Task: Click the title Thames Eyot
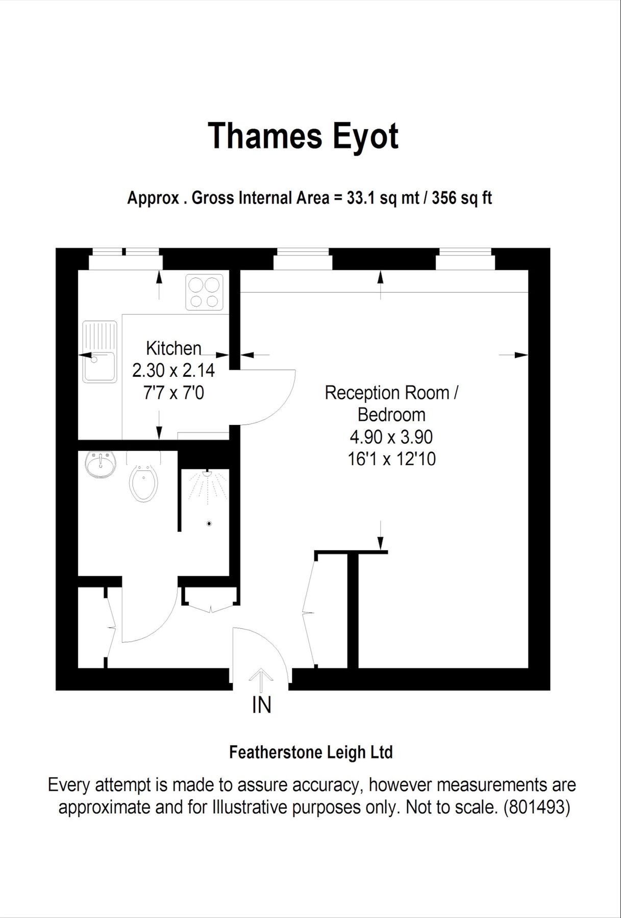click(x=303, y=136)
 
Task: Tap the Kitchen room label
click(x=173, y=348)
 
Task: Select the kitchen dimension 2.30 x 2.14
click(x=173, y=370)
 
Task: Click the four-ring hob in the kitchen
click(x=204, y=292)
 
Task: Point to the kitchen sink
click(x=100, y=352)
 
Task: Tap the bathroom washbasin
click(x=100, y=464)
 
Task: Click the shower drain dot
click(x=209, y=524)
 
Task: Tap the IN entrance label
click(x=261, y=705)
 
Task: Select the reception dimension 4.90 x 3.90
click(x=391, y=437)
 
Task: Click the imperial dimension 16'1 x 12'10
click(x=391, y=459)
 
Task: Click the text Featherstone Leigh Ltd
click(x=311, y=752)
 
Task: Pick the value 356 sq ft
click(x=462, y=198)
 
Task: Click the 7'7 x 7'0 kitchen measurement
click(x=173, y=393)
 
